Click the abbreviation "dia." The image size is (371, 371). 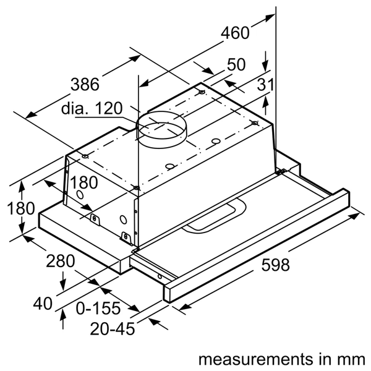75,109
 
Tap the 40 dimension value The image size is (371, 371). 43,303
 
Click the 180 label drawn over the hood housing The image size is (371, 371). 83,184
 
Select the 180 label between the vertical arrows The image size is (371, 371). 20,208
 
